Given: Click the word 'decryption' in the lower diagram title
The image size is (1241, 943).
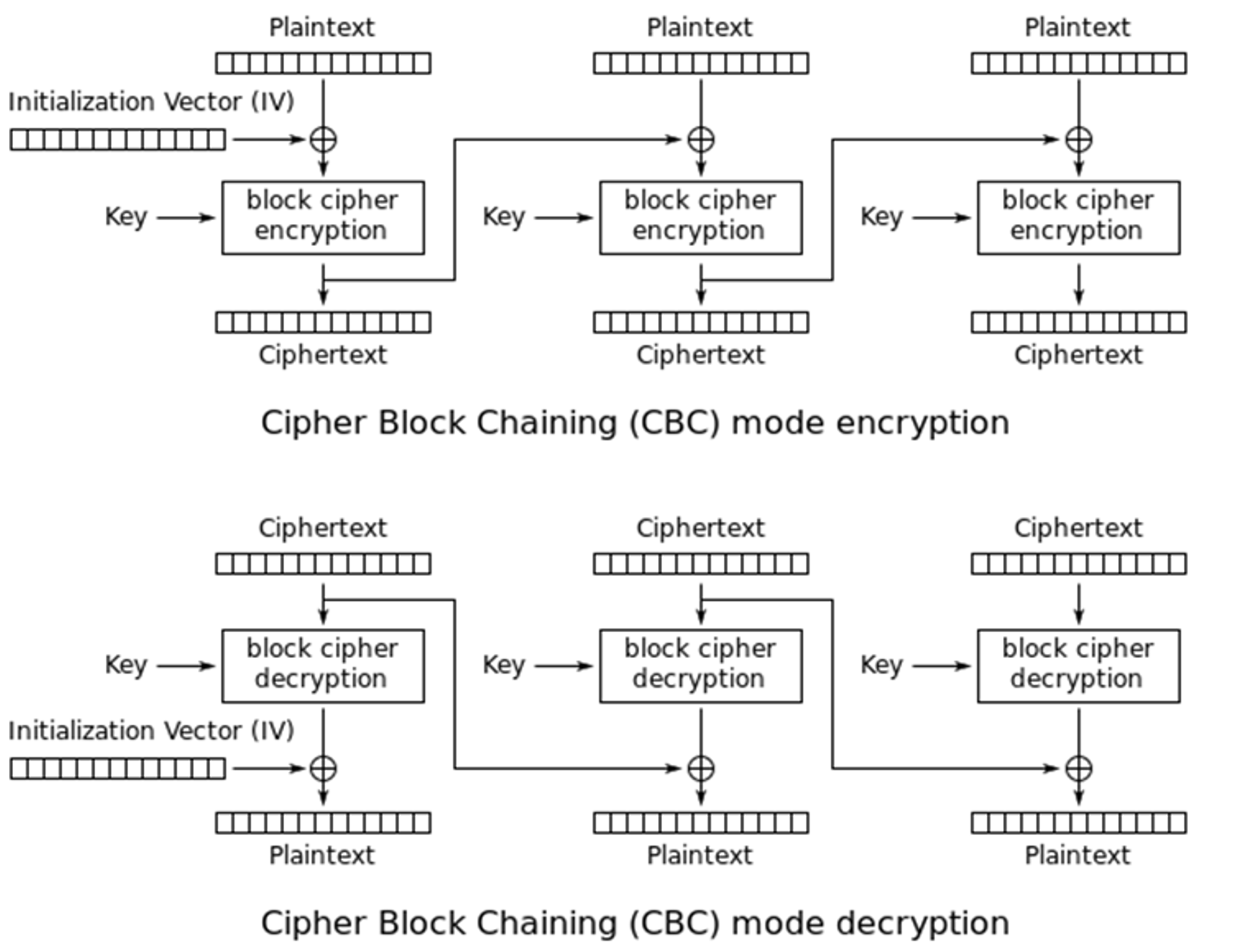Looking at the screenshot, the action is click(923, 923).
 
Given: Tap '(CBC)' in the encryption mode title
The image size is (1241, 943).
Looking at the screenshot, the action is click(674, 423).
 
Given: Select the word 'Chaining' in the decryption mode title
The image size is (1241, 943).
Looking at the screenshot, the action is click(546, 923).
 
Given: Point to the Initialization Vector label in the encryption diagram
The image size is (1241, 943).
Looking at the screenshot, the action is click(151, 103).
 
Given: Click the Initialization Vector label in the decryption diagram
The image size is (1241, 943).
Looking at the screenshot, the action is click(151, 731).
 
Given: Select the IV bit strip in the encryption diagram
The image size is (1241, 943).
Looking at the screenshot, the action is click(117, 139).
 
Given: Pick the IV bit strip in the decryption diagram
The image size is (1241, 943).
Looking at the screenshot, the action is click(117, 769).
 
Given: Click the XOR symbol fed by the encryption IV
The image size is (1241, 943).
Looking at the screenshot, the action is click(323, 139).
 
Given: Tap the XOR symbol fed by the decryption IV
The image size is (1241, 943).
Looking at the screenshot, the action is click(323, 769).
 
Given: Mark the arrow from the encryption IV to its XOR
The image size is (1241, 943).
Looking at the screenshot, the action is click(269, 139).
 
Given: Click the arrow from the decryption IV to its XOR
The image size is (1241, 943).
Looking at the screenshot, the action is click(269, 769).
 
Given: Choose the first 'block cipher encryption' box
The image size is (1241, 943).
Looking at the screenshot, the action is click(322, 217).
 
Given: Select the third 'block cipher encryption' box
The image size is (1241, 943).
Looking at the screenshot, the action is click(1079, 217).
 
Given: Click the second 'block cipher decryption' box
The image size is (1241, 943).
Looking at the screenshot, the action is click(701, 666).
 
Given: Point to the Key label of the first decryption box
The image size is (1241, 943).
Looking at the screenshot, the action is click(125, 665).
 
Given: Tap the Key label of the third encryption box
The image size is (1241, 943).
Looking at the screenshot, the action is click(881, 217).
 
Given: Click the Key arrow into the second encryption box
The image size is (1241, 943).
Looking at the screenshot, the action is click(563, 217).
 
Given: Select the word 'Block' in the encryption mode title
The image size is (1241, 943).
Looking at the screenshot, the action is click(421, 423).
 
